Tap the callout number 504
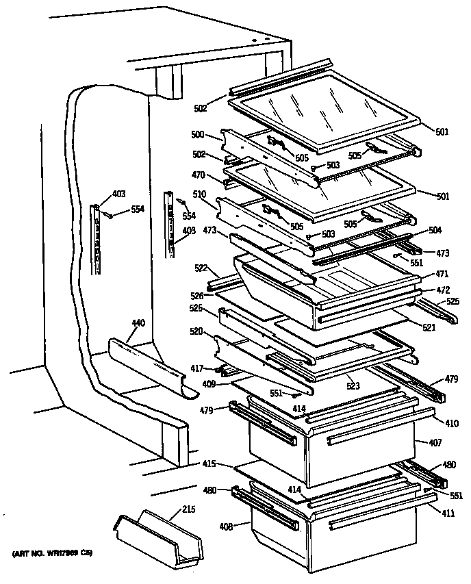(435, 230)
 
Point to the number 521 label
(429, 328)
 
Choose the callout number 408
(226, 526)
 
